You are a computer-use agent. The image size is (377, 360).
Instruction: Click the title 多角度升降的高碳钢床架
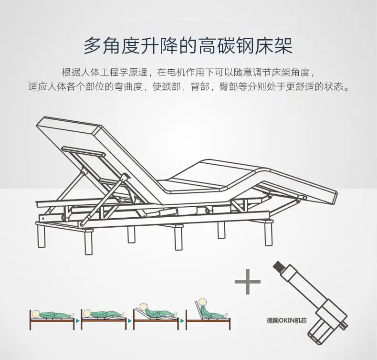[188, 46]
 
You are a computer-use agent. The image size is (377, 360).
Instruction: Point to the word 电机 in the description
[174, 73]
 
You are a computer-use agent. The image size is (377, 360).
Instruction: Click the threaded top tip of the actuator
[278, 265]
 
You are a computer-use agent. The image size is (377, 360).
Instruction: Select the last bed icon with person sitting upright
[208, 315]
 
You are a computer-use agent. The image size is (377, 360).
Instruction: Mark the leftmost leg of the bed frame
[41, 236]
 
